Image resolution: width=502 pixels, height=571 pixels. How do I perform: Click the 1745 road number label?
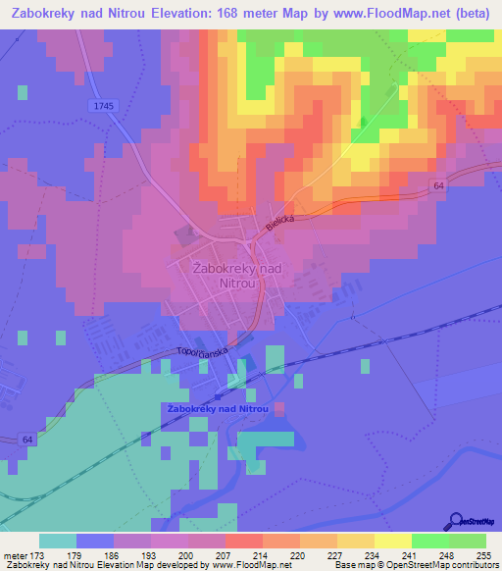click(x=102, y=105)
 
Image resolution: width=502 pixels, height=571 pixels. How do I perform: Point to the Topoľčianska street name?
click(x=202, y=349)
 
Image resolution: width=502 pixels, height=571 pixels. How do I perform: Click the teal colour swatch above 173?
click(x=58, y=541)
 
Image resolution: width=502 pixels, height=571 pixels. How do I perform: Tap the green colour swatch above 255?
click(x=468, y=541)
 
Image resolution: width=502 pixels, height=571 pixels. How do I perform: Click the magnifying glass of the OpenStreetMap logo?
click(x=456, y=521)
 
